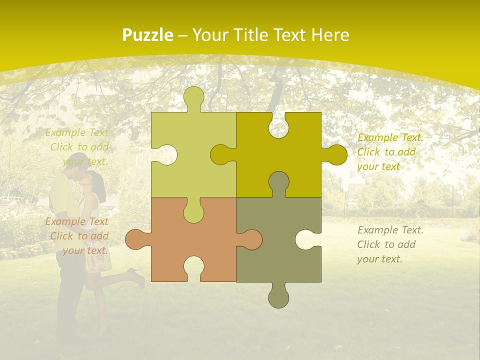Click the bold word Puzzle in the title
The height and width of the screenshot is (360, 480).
[147, 35]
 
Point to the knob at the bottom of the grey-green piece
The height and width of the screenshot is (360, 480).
[278, 297]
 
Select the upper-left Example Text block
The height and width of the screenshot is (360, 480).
[77, 147]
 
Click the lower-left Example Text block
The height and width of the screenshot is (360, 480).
[77, 236]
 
